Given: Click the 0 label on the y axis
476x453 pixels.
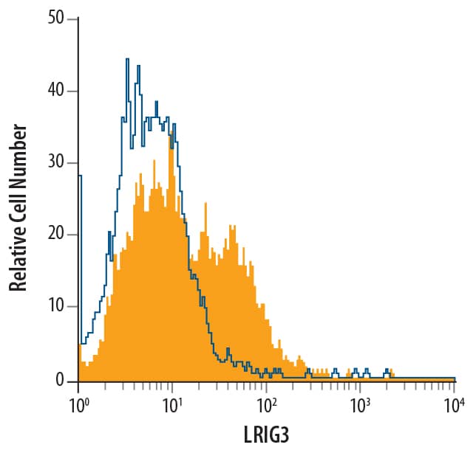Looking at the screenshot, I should pos(61,379).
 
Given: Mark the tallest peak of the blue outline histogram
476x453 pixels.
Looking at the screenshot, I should pos(127,60).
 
